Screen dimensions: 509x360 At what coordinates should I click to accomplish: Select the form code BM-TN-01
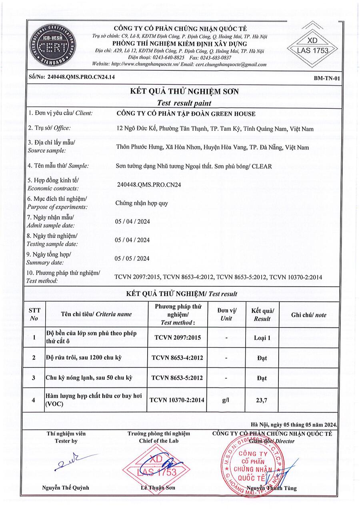327,79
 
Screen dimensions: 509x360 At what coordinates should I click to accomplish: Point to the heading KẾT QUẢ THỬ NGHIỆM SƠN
184,92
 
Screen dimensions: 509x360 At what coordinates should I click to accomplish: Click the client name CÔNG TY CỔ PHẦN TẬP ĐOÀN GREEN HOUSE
185,114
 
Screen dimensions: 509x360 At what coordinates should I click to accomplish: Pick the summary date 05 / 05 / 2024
132,258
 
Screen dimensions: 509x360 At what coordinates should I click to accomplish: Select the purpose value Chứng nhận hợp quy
136,203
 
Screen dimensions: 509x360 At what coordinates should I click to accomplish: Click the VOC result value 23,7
262,399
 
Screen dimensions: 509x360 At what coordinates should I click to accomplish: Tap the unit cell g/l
226,399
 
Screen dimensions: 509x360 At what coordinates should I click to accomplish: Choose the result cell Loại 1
262,338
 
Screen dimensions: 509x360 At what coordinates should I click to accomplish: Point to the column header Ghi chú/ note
309,315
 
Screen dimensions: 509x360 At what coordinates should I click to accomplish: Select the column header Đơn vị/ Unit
226,315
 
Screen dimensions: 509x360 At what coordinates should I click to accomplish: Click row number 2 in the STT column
34,358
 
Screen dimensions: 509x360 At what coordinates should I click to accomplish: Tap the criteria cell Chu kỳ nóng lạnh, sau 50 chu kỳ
89,377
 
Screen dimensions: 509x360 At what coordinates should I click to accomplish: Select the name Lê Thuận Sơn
158,488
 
